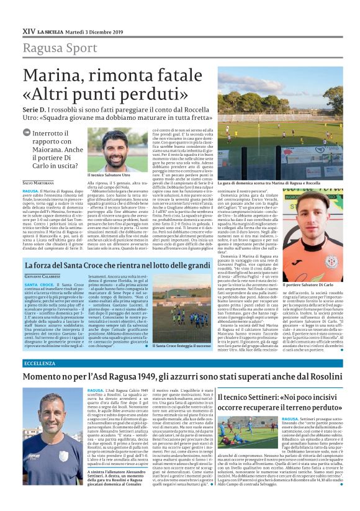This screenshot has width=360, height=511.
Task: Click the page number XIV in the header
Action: coord(29,30)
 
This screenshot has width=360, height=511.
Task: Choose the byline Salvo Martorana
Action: coord(38,183)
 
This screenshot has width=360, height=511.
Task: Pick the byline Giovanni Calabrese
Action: coord(41,276)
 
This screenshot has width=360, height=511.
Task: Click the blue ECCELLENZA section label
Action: coord(38,363)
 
